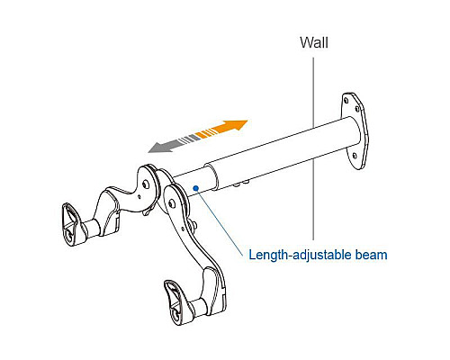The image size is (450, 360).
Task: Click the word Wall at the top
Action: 314,42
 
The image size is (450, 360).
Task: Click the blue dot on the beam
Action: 196,188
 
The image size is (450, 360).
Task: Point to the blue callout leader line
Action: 220,222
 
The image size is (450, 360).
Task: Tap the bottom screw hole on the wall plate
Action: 355,156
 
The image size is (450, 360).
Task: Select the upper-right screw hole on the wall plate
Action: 357,109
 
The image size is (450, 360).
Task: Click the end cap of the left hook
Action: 71,223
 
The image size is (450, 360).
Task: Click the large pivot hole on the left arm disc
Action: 146,184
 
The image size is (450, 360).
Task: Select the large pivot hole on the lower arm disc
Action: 171,204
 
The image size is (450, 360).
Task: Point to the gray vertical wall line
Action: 314,149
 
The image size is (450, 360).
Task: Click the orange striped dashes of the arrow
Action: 205,133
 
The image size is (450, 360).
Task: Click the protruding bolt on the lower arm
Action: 194,223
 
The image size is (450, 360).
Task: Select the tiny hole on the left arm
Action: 139,197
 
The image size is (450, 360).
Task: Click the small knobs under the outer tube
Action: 241,184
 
